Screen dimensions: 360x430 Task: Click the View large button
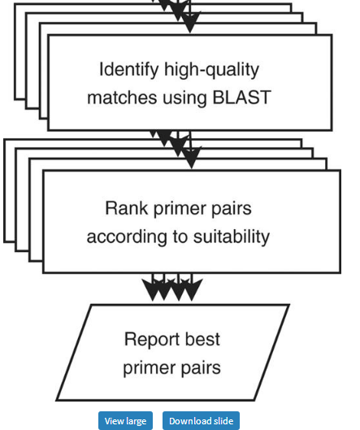(125, 421)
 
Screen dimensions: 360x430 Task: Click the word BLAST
(242, 97)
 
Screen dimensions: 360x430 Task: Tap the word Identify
(129, 70)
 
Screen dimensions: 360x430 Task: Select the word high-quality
(211, 70)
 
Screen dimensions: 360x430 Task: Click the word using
(184, 98)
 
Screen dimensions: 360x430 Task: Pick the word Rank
(127, 208)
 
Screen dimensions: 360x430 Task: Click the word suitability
(232, 237)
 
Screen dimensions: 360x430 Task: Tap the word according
(127, 237)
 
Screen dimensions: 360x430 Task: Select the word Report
(152, 340)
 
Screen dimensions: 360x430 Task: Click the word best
(202, 339)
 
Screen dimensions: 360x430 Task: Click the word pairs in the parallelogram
(201, 369)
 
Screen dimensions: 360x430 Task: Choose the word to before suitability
(180, 237)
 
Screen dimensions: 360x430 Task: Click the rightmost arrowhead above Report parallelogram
(192, 289)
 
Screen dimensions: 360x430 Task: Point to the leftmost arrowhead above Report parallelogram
(153, 289)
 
